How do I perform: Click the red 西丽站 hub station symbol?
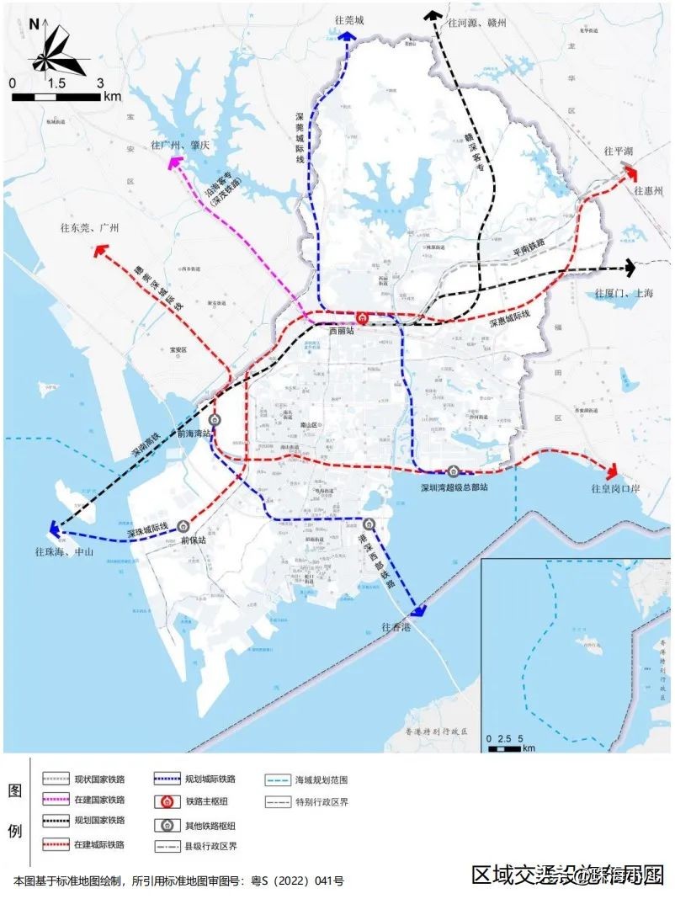[362, 318]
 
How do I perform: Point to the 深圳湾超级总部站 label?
[454, 487]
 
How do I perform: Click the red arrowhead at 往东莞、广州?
[101, 250]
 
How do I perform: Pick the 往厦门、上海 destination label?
[624, 293]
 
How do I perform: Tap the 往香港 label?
[396, 627]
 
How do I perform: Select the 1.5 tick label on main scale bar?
[56, 84]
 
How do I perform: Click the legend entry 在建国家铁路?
[99, 800]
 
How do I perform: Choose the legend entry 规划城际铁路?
[211, 779]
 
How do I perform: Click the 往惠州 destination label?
[649, 191]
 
